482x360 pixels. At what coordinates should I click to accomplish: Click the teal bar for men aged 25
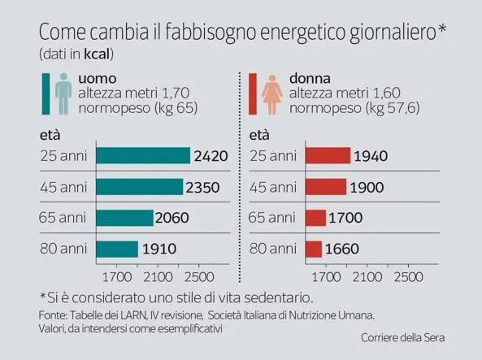click(143, 156)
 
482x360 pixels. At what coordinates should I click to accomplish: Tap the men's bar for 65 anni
click(124, 218)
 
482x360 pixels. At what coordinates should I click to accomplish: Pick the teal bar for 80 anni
click(117, 249)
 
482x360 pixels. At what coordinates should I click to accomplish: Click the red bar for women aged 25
click(328, 156)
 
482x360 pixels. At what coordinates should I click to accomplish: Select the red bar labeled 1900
click(325, 187)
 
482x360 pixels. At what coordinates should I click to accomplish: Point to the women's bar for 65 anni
click(315, 218)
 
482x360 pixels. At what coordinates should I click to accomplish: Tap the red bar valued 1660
click(314, 249)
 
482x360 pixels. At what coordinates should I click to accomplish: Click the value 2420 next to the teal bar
click(211, 156)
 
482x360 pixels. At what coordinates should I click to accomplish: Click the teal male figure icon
click(63, 93)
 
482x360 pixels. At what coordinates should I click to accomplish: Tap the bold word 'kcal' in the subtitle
click(93, 54)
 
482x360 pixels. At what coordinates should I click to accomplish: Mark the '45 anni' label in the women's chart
click(271, 187)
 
